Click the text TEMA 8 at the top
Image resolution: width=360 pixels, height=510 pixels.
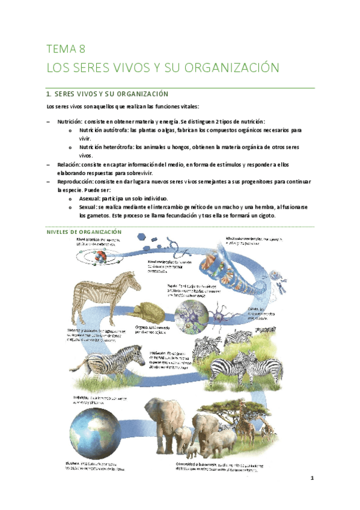coord(66,49)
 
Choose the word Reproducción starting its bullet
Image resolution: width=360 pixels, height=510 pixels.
coord(76,181)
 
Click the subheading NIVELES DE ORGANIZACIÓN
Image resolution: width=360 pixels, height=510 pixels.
coord(84,232)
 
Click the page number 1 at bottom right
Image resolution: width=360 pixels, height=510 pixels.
coord(313,479)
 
